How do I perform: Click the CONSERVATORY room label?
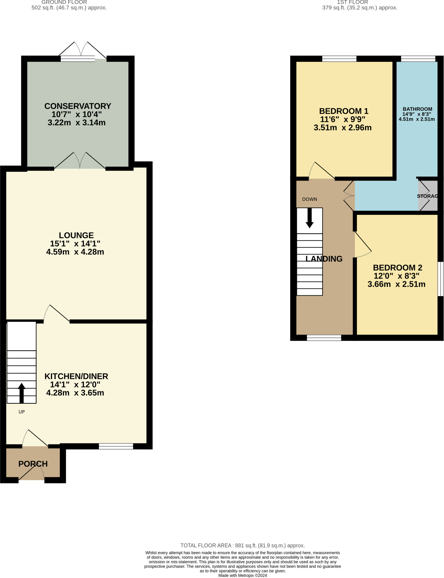78,106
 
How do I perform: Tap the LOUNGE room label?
76,235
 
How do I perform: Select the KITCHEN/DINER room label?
76,376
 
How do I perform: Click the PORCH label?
33,464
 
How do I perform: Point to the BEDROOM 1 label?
344,111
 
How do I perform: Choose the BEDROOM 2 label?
397,268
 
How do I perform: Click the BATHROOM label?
417,109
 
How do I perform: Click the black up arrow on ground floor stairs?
22,392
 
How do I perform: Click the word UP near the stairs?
22,412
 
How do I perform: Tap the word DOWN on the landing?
309,199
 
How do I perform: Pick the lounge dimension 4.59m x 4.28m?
75,252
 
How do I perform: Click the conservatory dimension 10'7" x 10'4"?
76,114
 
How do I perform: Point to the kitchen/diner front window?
116,446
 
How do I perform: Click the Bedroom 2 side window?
440,279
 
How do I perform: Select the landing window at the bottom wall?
324,338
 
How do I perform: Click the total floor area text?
242,546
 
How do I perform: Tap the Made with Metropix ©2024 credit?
242,575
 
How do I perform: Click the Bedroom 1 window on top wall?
339,59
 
